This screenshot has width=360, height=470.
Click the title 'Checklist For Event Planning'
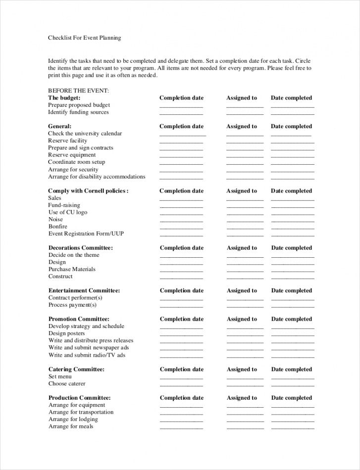click(x=85, y=38)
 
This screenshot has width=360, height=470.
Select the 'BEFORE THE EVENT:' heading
click(x=78, y=91)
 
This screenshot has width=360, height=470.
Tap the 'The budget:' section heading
click(x=64, y=98)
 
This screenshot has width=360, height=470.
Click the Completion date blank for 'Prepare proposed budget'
click(x=181, y=106)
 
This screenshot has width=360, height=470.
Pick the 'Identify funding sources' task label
click(x=78, y=112)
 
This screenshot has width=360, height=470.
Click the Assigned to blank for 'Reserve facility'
click(x=245, y=141)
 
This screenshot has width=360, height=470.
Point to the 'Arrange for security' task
click(x=73, y=169)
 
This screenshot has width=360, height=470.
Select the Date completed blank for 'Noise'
click(x=292, y=220)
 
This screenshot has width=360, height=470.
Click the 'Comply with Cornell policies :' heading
click(x=88, y=191)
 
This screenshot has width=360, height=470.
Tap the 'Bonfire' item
click(x=58, y=227)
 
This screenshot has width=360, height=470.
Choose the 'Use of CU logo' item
click(x=68, y=212)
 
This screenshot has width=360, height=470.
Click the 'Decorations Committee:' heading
click(x=81, y=248)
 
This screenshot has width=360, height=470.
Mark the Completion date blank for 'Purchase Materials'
click(x=181, y=270)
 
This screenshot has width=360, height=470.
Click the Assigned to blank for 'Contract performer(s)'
click(x=245, y=299)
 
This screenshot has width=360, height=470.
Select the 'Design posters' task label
click(x=67, y=333)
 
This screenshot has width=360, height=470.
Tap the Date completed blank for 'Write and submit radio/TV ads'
click(x=292, y=356)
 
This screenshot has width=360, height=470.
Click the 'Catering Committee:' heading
click(x=76, y=370)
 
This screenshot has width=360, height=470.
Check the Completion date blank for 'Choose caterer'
click(x=181, y=384)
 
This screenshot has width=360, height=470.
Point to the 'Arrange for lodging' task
click(x=73, y=420)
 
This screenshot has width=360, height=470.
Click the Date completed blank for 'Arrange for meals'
click(x=292, y=427)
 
